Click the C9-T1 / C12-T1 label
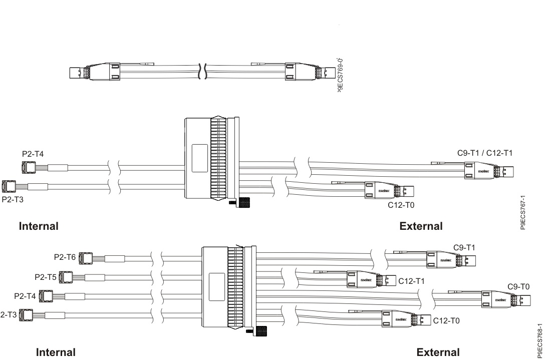pos(484,153)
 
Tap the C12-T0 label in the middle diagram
pos(401,205)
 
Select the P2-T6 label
pos(65,257)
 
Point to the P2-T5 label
pos(45,276)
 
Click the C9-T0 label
pos(518,287)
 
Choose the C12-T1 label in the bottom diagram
pos(411,281)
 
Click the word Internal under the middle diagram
pos(39,226)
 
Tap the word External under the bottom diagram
pos(438,352)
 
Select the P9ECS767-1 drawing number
pos(523,212)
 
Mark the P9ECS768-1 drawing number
pos(539,340)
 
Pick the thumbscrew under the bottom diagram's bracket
pos(259,331)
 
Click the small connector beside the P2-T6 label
pos(86,258)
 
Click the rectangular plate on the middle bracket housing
pos(199,152)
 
